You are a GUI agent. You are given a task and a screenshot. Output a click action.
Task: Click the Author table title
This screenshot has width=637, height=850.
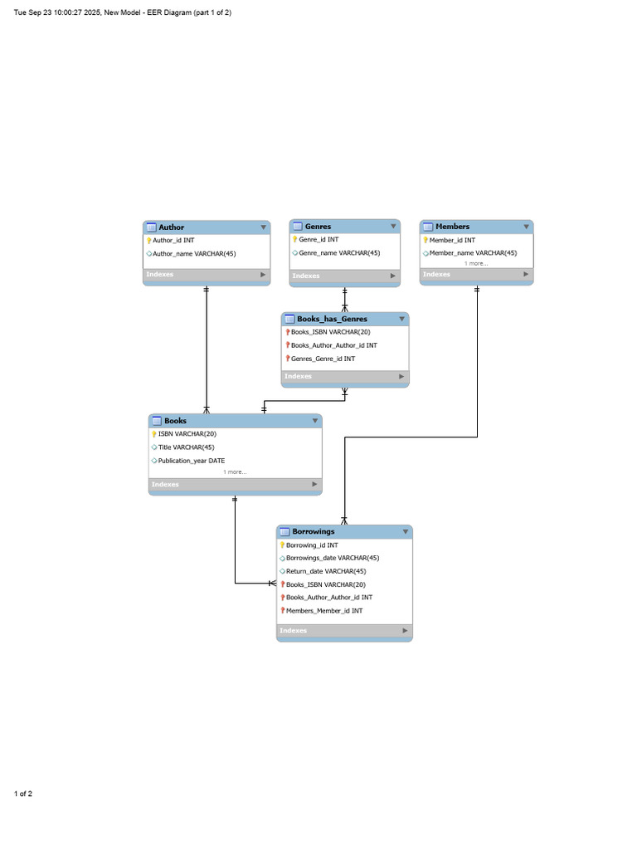click(171, 227)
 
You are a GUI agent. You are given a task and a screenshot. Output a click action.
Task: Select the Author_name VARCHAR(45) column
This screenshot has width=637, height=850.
click(194, 254)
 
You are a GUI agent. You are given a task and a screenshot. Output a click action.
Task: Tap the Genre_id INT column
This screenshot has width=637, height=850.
click(318, 240)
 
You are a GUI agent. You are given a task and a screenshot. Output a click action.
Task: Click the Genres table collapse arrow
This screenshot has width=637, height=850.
click(393, 226)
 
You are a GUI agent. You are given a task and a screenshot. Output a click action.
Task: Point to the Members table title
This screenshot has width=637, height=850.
click(452, 227)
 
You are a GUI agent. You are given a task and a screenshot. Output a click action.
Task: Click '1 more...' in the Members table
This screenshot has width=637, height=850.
click(476, 263)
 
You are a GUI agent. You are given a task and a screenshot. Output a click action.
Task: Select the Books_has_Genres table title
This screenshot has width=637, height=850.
click(332, 320)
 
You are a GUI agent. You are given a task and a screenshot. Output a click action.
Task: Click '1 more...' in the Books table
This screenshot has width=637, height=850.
click(235, 472)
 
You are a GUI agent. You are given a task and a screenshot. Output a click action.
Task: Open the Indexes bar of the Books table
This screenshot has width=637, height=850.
click(235, 485)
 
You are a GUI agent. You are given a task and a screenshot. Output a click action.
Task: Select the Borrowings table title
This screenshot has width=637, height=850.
click(313, 532)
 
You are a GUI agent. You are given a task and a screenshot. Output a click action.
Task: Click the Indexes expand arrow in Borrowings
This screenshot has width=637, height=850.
click(405, 631)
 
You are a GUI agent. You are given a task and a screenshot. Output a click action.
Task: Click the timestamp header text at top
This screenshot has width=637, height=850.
click(123, 12)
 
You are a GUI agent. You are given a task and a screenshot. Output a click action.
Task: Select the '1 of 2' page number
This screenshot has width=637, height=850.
click(23, 794)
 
